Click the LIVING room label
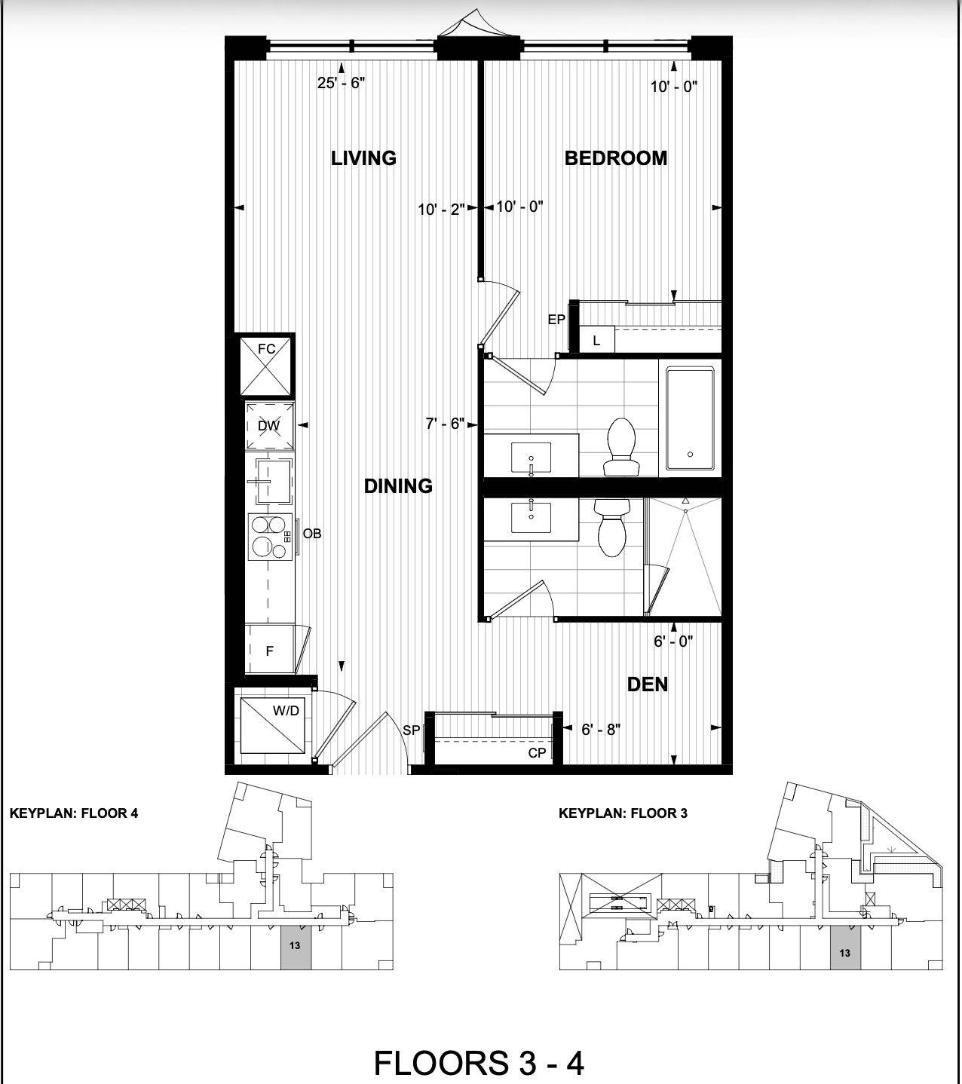pyautogui.click(x=363, y=158)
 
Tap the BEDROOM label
pyautogui.click(x=615, y=158)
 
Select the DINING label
pyautogui.click(x=398, y=486)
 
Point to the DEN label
pyautogui.click(x=647, y=684)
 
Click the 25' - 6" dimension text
pyautogui.click(x=341, y=83)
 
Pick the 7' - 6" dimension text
pyautogui.click(x=445, y=424)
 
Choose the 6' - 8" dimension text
pyautogui.click(x=601, y=730)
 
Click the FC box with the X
pyautogui.click(x=266, y=366)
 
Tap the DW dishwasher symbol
pyautogui.click(x=268, y=426)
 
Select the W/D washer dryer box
pyautogui.click(x=273, y=725)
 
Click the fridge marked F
pyautogui.click(x=269, y=650)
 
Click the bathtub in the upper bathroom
pyautogui.click(x=689, y=418)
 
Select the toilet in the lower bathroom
pyautogui.click(x=611, y=528)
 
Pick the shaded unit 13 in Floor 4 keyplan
pyautogui.click(x=296, y=945)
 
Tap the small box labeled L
pyautogui.click(x=596, y=341)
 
